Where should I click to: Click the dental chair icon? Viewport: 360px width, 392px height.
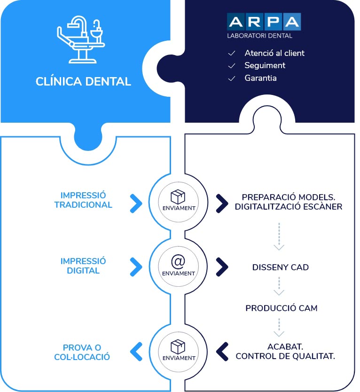click(x=80, y=39)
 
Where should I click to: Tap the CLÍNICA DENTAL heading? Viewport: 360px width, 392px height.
click(x=83, y=81)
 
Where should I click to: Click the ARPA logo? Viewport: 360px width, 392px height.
click(x=264, y=22)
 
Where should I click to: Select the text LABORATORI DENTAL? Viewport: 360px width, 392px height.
click(x=259, y=36)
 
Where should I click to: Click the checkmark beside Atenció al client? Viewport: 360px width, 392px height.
click(x=232, y=53)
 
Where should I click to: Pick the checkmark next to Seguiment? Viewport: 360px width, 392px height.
click(x=232, y=65)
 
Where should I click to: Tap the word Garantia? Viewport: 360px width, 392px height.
click(x=260, y=78)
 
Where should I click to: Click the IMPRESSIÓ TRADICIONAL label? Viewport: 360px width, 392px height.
click(x=83, y=200)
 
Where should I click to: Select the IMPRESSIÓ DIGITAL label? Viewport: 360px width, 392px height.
click(x=83, y=266)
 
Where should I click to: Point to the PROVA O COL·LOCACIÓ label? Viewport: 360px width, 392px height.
click(x=82, y=352)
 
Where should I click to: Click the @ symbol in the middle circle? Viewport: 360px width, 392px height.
click(x=178, y=261)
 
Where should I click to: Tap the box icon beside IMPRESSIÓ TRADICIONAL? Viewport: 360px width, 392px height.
click(x=178, y=196)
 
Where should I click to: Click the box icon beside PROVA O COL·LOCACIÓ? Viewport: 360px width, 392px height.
click(x=178, y=346)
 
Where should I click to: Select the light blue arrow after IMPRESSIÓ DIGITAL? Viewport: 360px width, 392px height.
click(x=136, y=267)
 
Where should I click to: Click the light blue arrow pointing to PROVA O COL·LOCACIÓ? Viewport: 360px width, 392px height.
click(x=136, y=352)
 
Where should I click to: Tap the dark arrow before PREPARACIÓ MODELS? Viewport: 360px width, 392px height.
click(x=222, y=204)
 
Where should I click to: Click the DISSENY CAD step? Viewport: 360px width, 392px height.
click(x=281, y=267)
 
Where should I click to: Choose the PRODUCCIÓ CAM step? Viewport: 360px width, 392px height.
click(x=282, y=308)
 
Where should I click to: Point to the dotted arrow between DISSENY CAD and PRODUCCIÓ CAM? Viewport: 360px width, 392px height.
click(x=279, y=286)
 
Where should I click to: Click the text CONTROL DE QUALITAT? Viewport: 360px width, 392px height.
click(x=285, y=356)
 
